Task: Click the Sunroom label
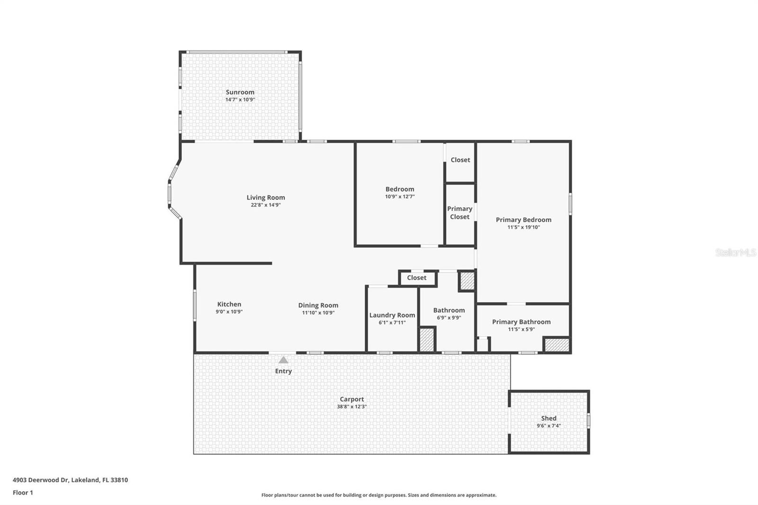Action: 240,92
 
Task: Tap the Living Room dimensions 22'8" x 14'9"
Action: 265,205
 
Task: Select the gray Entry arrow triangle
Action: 283,360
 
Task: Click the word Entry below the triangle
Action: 283,371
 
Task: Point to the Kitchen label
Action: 229,304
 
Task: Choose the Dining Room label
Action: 318,305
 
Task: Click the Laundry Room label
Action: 392,315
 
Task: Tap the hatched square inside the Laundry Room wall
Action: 427,340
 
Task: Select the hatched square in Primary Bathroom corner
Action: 556,344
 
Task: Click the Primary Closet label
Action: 460,213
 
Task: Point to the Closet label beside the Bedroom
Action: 460,160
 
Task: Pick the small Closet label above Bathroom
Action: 416,278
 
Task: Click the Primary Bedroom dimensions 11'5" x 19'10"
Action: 523,227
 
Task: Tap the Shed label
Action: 549,418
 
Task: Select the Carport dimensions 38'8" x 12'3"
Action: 352,406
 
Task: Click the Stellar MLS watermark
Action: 735,252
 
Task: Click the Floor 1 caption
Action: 23,492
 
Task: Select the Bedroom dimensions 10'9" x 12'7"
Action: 399,197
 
